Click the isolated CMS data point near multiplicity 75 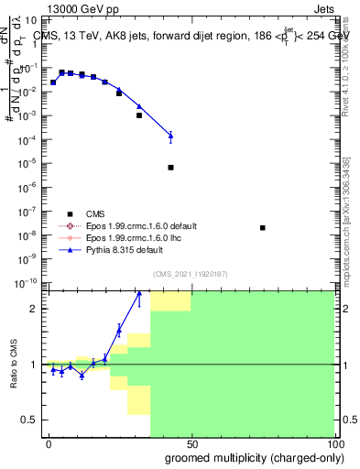(263, 227)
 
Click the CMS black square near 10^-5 (170, 168)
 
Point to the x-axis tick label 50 (191, 442)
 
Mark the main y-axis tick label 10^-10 (28, 282)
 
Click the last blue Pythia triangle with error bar (170, 136)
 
